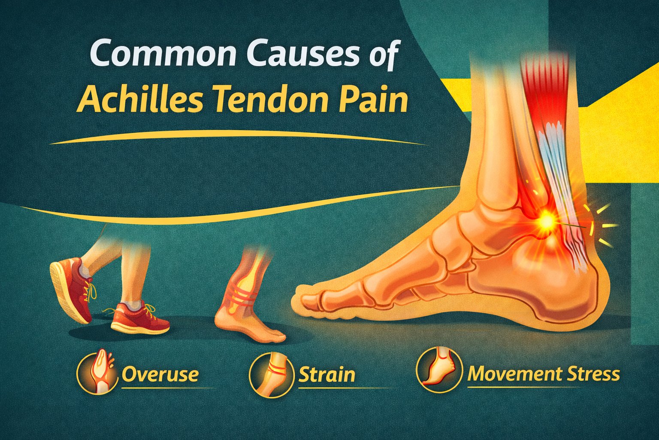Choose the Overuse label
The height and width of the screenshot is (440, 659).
tap(160, 374)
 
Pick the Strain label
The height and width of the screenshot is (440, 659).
tap(326, 374)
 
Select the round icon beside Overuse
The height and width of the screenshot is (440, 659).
tap(97, 373)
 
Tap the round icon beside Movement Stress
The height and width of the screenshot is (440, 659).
tap(439, 370)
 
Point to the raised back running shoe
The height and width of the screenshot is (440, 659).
tap(71, 288)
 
